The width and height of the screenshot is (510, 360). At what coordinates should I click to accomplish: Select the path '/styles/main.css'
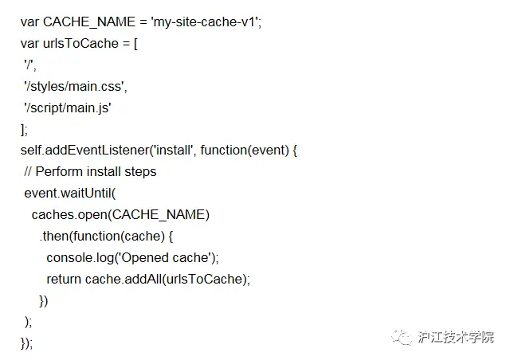point(76,85)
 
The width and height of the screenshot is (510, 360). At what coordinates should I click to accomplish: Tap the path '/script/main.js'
point(68,107)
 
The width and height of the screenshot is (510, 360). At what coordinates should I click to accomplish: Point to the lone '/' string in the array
point(29,65)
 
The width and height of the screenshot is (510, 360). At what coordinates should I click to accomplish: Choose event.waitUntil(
point(70,193)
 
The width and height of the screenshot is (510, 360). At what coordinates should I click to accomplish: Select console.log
point(80,257)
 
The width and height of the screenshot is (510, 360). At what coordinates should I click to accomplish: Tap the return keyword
point(63,279)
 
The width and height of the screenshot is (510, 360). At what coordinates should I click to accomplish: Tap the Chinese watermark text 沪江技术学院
point(456,336)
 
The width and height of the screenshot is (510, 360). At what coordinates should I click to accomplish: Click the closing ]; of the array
point(24,128)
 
